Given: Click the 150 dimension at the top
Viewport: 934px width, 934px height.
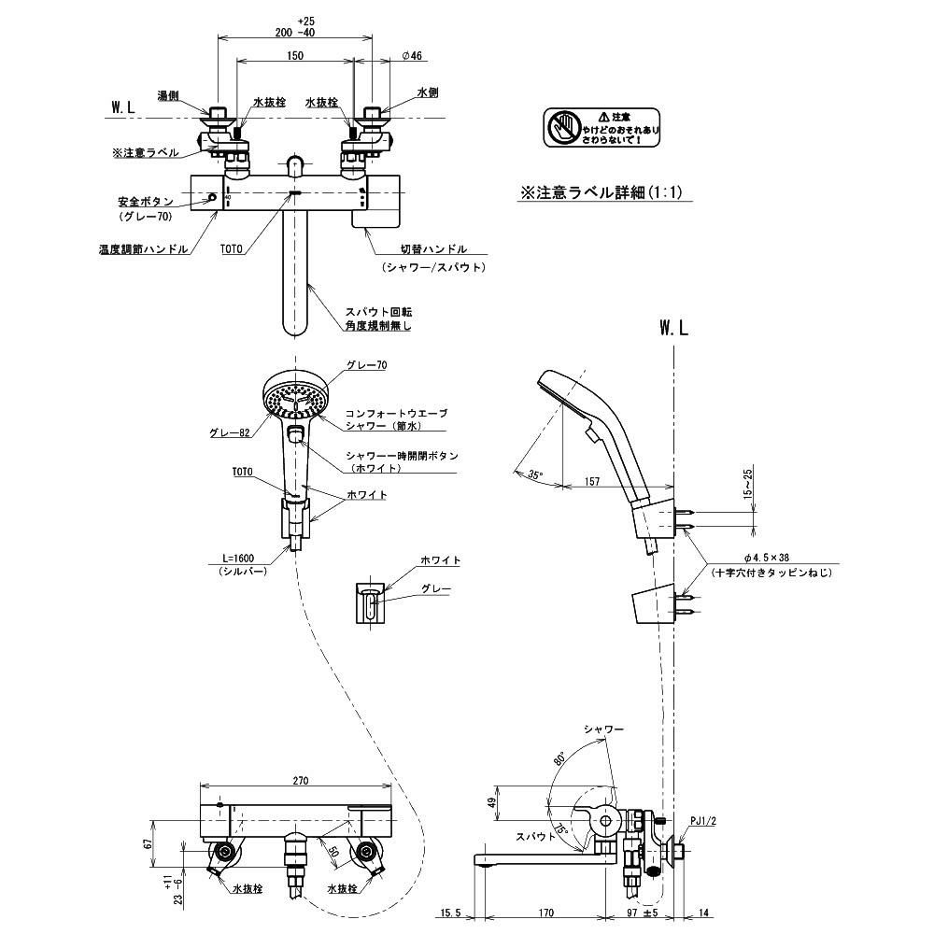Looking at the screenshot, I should [x=294, y=55].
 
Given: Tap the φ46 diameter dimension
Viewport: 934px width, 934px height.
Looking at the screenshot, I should [x=413, y=56].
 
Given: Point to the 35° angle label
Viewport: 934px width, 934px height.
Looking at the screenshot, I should [x=535, y=474].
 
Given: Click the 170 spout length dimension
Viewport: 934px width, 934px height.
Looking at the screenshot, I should [x=547, y=913].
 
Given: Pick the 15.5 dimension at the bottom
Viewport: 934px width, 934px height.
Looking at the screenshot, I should [x=452, y=913].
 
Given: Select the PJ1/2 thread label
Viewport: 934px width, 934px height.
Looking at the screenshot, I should [x=702, y=821].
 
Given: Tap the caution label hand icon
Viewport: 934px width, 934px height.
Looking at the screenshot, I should [x=562, y=127].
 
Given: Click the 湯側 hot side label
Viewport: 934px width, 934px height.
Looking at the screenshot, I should [x=168, y=95].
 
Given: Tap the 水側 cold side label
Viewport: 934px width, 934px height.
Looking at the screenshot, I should [x=428, y=93].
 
